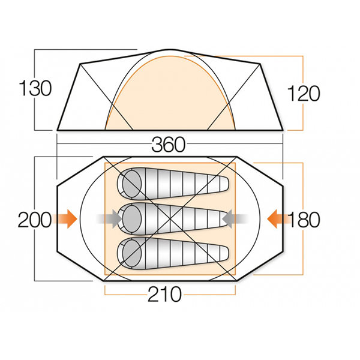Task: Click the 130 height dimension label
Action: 35,88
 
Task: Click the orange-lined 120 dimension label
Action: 303,94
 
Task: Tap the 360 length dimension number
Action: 169,145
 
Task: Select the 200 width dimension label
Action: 34,220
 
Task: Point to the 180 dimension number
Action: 304,220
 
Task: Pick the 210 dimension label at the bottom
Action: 164,294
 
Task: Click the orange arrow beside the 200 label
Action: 65,219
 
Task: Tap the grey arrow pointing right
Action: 109,219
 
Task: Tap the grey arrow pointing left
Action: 236,219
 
